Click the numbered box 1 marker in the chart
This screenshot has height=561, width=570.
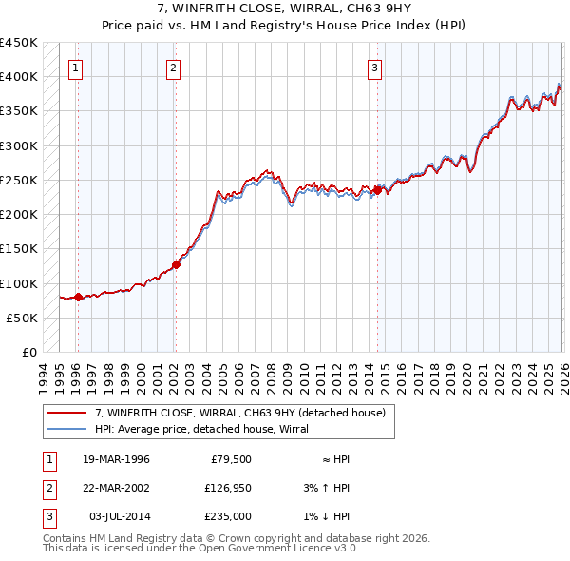75,68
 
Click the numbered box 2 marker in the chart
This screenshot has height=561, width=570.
174,68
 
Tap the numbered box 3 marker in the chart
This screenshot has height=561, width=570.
375,68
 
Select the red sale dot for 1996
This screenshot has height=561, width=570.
78,297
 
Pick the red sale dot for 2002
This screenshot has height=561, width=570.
176,264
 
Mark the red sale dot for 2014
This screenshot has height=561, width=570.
377,190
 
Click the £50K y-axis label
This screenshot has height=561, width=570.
23,318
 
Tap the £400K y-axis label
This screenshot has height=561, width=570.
19,77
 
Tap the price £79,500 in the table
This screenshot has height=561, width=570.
230,459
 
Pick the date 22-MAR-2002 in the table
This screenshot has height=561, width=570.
117,488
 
